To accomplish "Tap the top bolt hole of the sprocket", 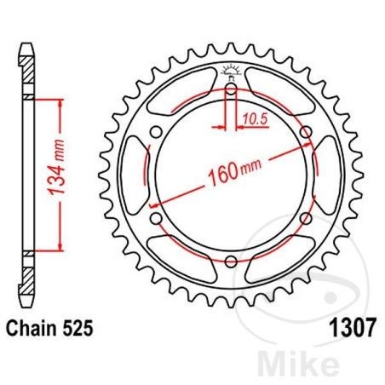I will (232, 89).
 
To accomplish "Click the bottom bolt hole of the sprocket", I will (232, 258).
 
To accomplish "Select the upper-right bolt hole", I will (305, 131).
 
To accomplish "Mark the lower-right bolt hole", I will (305, 216).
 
